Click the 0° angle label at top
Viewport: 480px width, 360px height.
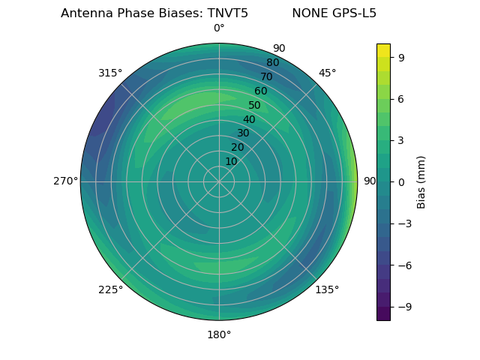click(x=219, y=28)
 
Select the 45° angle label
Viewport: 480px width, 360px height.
click(x=327, y=73)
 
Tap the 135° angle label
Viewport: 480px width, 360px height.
click(x=327, y=289)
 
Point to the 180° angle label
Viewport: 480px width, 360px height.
click(x=219, y=334)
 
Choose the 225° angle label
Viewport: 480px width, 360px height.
click(x=110, y=289)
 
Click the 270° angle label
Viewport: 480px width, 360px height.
click(x=64, y=181)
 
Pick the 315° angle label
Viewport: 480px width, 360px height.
click(x=110, y=73)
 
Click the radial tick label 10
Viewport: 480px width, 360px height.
click(x=231, y=161)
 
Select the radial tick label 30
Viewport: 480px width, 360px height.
click(x=243, y=133)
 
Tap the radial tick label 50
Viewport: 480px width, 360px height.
click(x=254, y=106)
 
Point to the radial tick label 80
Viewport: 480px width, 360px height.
click(x=272, y=63)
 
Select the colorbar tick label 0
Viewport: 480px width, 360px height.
click(x=401, y=182)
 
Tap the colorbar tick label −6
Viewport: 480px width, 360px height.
click(x=404, y=265)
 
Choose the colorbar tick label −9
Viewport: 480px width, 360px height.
click(x=404, y=307)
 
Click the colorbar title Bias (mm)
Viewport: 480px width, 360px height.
click(x=421, y=182)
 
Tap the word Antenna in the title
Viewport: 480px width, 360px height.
click(x=85, y=13)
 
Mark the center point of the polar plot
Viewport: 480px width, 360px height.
click(x=219, y=181)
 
